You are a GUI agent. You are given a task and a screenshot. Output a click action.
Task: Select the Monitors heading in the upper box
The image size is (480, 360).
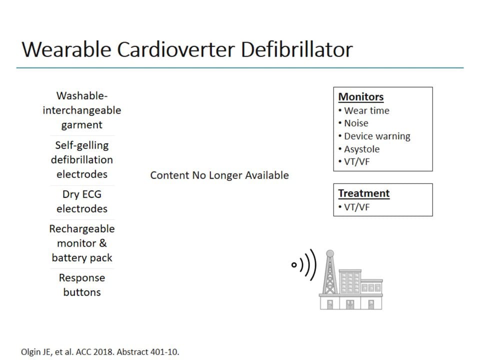pos(361,97)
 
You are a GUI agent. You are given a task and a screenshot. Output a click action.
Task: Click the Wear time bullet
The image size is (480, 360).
pos(366,110)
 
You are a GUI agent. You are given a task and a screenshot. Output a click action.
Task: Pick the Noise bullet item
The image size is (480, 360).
pos(355,123)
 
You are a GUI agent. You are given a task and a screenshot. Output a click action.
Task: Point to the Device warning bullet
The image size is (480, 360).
pos(376,136)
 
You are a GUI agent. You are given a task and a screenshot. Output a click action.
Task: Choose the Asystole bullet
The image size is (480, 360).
pos(361,149)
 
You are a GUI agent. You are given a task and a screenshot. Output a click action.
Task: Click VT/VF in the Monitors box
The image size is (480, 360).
pos(356,162)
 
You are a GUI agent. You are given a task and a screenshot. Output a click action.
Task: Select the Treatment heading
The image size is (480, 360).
pos(363,193)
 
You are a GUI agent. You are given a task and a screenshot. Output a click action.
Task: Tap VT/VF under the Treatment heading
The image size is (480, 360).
pos(356,207)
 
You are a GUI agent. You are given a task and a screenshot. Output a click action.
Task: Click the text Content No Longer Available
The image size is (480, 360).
pos(219,175)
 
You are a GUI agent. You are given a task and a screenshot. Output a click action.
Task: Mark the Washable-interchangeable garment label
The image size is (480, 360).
pos(82,110)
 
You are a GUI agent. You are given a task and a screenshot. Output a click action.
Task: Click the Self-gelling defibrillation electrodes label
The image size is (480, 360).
pos(82,160)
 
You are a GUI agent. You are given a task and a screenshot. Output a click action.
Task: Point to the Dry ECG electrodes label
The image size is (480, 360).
pos(82,201)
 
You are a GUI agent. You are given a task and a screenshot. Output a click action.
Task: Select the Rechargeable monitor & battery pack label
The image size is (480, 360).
pos(82,243)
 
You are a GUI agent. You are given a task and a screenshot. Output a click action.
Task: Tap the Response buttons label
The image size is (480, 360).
pos(82,285)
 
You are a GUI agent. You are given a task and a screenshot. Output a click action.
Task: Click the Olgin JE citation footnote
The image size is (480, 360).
pos(100,351)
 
